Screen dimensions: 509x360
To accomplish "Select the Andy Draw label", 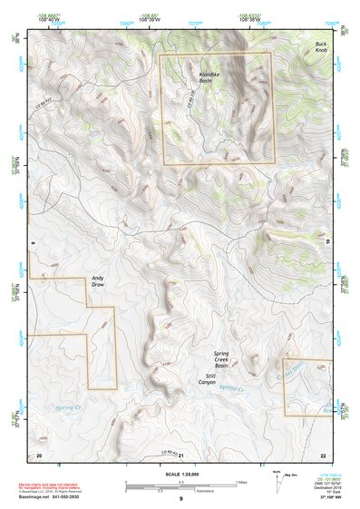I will coord(98,281).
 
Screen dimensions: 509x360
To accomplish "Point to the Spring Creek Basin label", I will coord(226,360).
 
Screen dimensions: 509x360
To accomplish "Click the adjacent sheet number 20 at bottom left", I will coord(39,454).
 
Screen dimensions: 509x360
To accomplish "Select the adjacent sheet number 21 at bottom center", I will coord(180,454).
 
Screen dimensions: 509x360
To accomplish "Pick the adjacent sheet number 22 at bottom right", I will coord(322,454).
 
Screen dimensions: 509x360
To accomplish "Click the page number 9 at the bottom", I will coord(180,499).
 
